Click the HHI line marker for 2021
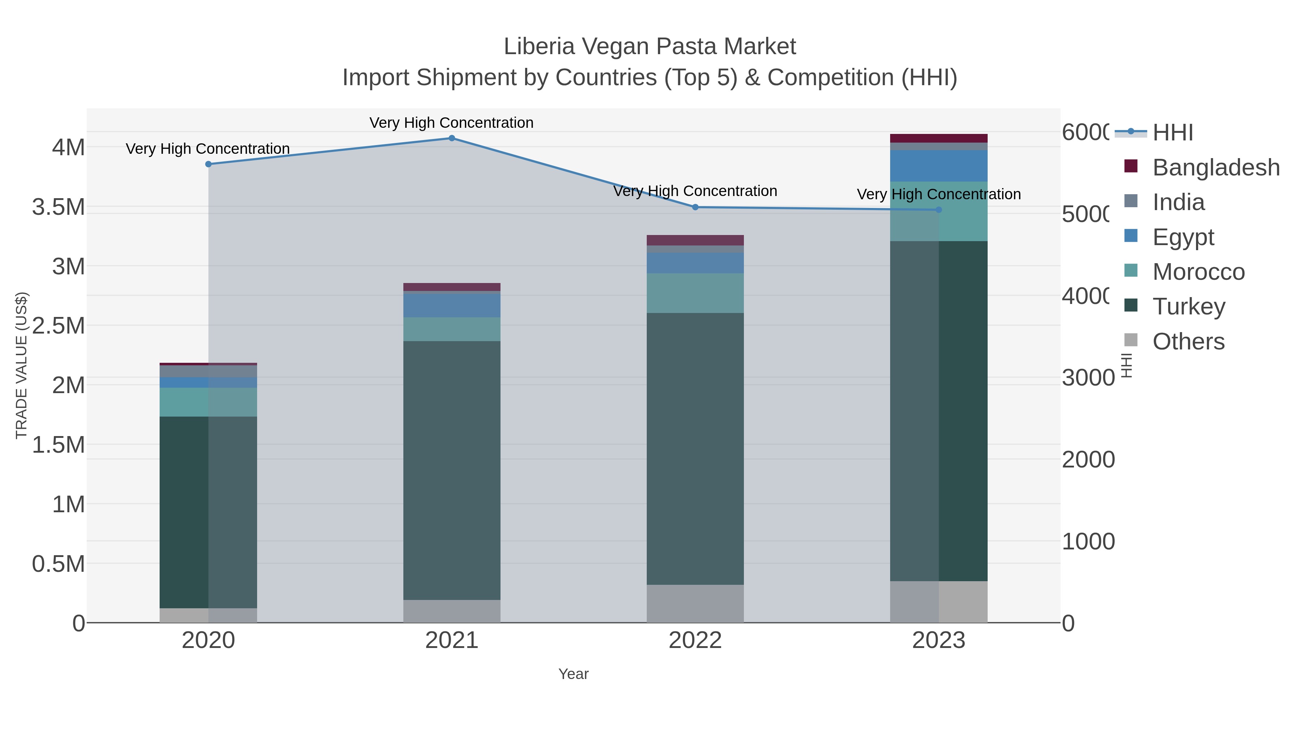click(x=452, y=138)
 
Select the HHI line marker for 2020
click(x=208, y=164)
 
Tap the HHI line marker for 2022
click(x=695, y=207)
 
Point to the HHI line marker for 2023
click(x=939, y=210)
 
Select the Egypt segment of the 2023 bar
click(x=939, y=166)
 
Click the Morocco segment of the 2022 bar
click(x=695, y=293)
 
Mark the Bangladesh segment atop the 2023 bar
click(x=939, y=138)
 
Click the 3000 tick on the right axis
click(x=1088, y=378)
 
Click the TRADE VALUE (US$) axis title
click(x=21, y=365)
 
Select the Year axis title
click(x=573, y=674)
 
